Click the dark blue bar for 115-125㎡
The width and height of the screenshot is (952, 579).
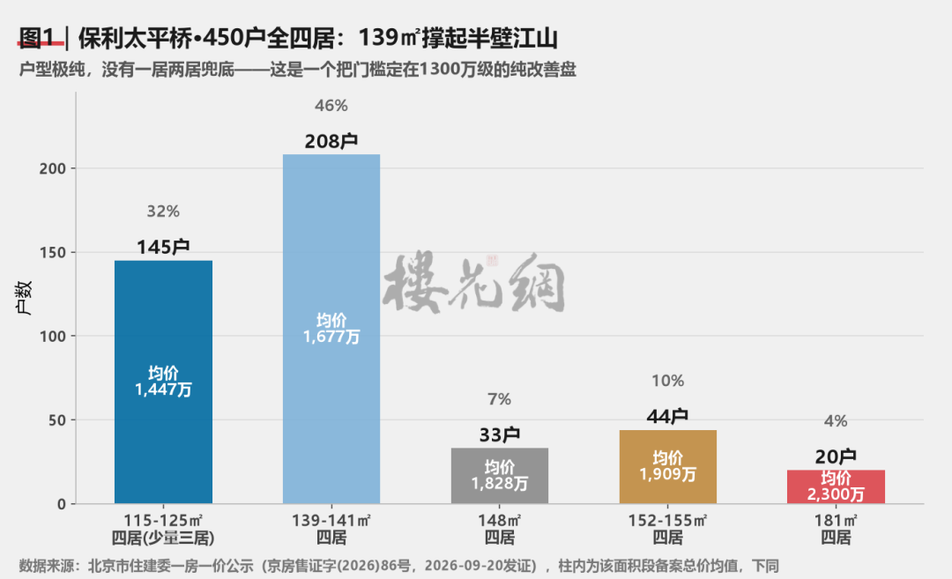tap(163, 382)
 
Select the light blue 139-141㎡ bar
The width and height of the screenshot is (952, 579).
tap(331, 329)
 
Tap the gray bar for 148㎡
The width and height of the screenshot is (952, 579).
tap(500, 476)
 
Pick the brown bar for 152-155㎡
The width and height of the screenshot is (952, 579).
tap(668, 467)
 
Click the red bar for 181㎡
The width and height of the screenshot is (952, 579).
tap(836, 486)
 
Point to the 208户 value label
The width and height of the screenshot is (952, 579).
tap(331, 141)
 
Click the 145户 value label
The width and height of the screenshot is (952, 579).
tap(163, 247)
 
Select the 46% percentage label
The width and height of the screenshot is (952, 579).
tap(331, 106)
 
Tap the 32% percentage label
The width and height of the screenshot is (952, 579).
tap(163, 212)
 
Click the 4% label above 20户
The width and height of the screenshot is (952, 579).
tap(836, 420)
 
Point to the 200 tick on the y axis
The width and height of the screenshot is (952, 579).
tap(53, 168)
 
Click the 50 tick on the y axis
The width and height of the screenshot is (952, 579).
tap(57, 420)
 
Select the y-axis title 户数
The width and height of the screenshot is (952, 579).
tap(25, 297)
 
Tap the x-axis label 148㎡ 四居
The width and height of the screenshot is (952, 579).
tap(500, 529)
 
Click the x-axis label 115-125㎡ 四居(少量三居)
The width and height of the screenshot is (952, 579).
tap(163, 529)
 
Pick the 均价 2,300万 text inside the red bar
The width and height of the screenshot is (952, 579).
tap(836, 486)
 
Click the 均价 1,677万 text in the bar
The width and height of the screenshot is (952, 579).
tap(331, 329)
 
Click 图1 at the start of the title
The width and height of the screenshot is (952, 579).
tap(38, 38)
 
